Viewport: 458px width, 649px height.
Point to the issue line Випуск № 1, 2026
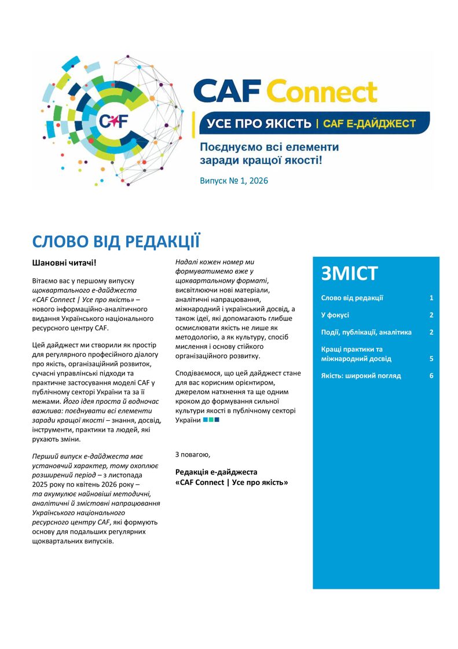[234, 180]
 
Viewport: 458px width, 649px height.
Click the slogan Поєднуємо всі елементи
[269, 147]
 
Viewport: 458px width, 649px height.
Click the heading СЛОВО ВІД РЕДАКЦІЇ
[116, 241]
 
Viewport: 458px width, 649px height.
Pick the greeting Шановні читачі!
[64, 263]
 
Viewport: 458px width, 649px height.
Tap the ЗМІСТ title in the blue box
[349, 273]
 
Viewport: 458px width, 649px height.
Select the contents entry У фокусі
[335, 315]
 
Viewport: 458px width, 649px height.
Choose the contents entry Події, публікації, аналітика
[366, 332]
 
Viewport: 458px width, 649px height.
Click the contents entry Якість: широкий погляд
[361, 375]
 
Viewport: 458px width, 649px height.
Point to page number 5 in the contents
[431, 359]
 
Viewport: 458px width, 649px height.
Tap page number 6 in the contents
[431, 375]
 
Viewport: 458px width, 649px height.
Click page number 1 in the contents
[431, 298]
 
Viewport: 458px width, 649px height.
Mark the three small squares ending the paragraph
[211, 420]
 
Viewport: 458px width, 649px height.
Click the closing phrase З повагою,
[193, 454]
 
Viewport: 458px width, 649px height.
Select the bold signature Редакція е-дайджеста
[216, 472]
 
